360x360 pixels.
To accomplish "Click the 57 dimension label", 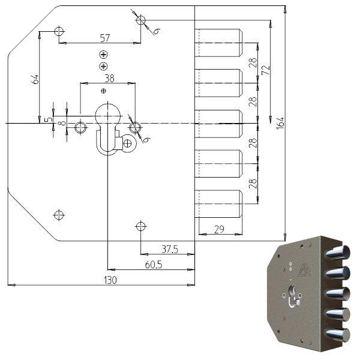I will pos(105,38).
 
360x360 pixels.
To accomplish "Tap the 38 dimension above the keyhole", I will pos(109,78).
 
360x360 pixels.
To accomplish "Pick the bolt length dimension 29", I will pos(220,229).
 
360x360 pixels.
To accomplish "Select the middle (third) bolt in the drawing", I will pos(219,123).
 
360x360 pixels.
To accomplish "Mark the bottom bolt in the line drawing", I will pos(219,204).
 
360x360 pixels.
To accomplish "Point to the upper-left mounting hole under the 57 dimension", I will pos(59,31).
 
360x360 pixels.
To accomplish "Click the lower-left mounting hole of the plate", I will pos(59,214).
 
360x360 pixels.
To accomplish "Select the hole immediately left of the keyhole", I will pos(80,127).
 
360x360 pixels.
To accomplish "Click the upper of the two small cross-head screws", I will pos(104,55).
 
